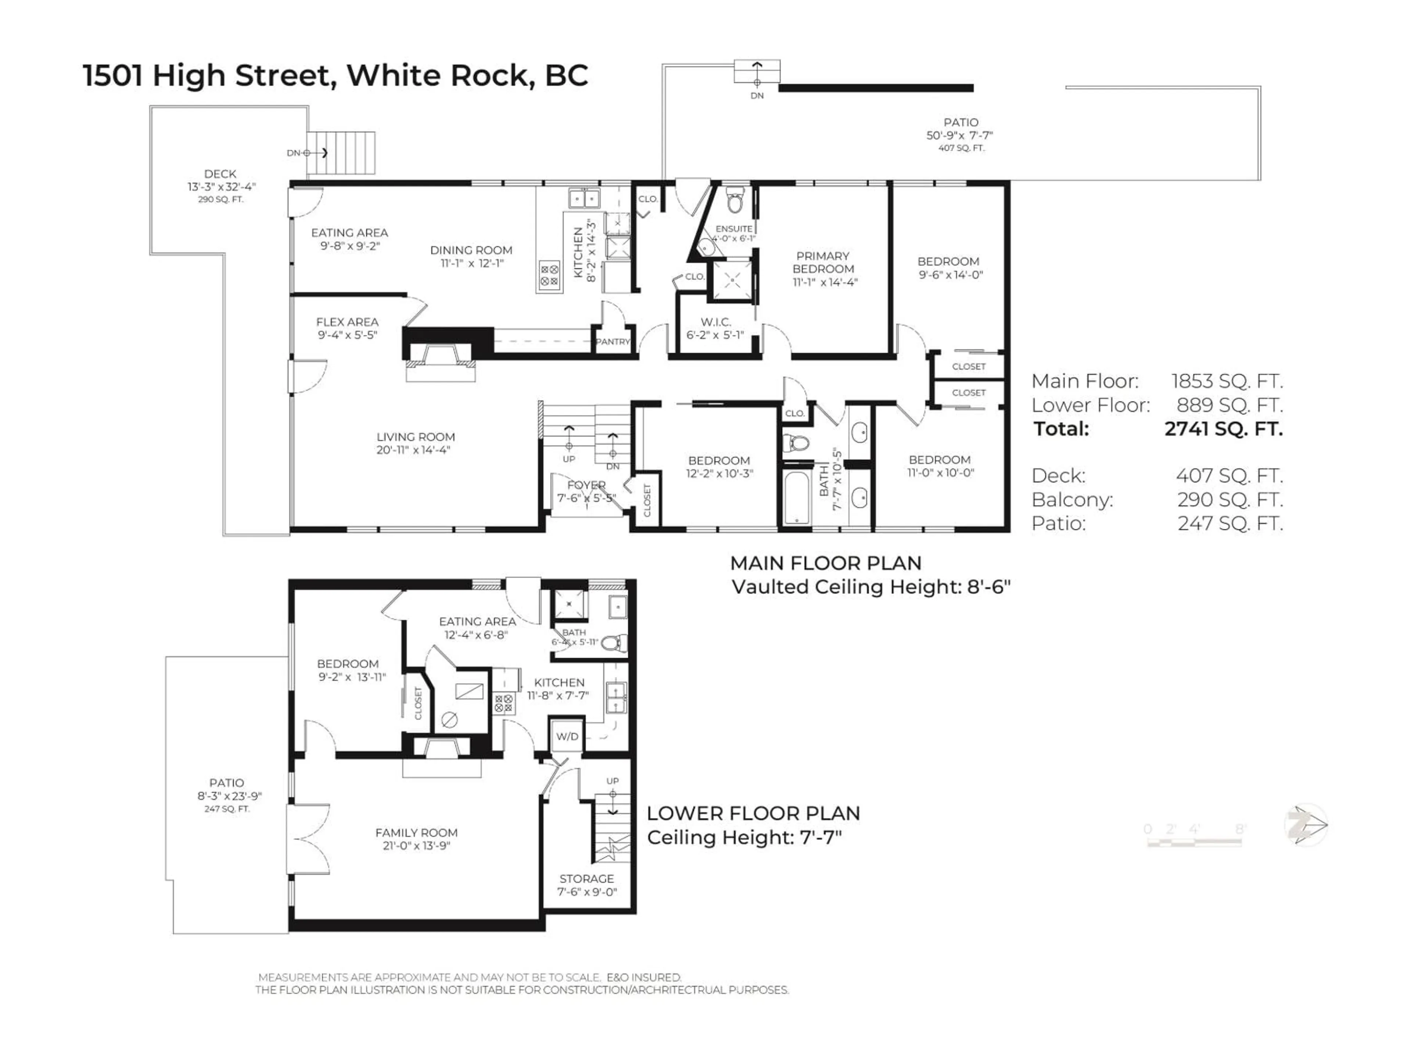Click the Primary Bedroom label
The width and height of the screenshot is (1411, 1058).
[823, 269]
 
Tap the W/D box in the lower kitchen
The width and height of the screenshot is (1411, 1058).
[567, 737]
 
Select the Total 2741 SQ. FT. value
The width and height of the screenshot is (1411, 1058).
[1223, 429]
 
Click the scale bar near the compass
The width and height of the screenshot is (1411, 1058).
[1194, 842]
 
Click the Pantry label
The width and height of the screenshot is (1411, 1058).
[613, 342]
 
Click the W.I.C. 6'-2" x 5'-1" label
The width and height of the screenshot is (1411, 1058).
[715, 328]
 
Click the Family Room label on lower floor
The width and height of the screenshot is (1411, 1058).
[416, 839]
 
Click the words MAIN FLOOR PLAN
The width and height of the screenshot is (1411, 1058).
[825, 563]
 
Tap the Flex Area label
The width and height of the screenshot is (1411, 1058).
[347, 328]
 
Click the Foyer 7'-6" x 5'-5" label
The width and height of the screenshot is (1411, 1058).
[586, 491]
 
